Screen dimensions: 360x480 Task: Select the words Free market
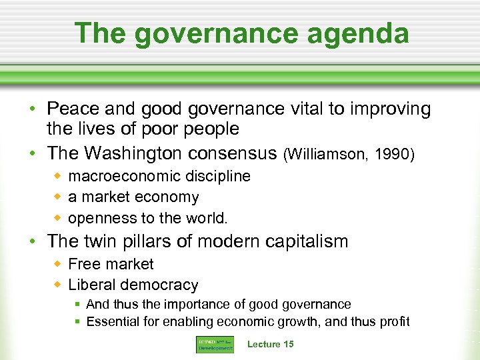[x=111, y=264]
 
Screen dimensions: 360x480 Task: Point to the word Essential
[x=113, y=322]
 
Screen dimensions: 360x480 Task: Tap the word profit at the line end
[x=394, y=322]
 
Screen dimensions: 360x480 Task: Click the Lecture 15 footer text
[x=270, y=344]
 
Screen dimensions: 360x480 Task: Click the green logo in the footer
[x=215, y=344]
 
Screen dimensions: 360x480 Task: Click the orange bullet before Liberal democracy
[x=58, y=285]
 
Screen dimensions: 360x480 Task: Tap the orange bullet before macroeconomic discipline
[x=58, y=176]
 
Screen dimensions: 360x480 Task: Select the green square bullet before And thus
[x=78, y=305]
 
